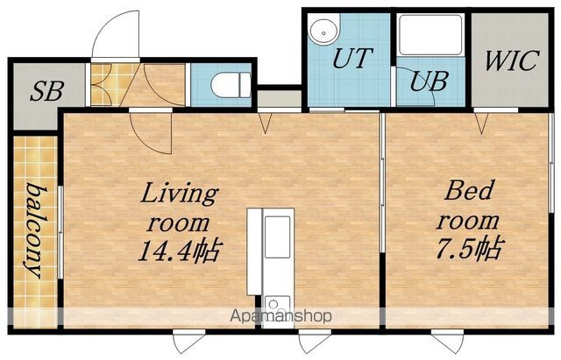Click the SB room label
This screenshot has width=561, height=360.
[x=46, y=91]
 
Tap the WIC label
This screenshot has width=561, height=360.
[x=511, y=60]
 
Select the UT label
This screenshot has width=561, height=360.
[x=352, y=58]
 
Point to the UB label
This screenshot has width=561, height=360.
[x=429, y=81]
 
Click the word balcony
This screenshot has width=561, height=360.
[x=36, y=230]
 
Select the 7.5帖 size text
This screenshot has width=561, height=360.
[x=470, y=248]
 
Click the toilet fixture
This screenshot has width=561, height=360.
[x=231, y=85]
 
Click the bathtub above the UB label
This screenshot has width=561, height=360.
[x=430, y=35]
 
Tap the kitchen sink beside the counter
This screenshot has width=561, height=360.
[x=278, y=236]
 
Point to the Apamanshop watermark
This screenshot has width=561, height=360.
[x=280, y=316]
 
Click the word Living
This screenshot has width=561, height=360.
[x=179, y=194]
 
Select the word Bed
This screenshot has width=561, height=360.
[x=469, y=190]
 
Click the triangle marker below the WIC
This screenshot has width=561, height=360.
[x=481, y=123]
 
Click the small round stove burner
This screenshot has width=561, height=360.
[x=273, y=304]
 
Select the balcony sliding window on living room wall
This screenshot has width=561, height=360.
[x=60, y=232]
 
